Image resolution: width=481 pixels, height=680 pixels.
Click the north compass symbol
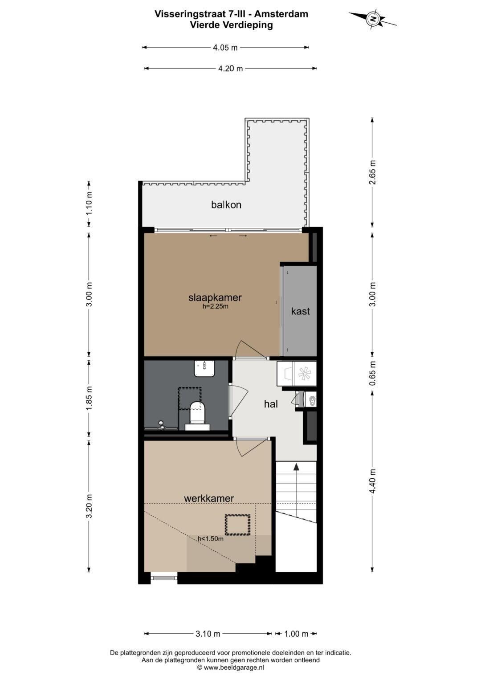373,19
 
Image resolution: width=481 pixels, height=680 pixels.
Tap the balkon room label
226,205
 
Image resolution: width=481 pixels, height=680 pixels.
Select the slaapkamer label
215,297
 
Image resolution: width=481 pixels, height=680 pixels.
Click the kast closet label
300,311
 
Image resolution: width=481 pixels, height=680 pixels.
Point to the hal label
271,404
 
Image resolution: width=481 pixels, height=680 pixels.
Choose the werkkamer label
209,498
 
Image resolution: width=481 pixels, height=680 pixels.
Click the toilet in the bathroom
197,416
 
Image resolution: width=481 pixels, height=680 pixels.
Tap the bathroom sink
204,368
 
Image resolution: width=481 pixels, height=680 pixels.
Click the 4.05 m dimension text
225,47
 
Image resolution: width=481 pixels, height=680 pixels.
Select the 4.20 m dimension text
231,69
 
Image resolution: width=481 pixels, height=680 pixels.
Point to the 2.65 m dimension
373,172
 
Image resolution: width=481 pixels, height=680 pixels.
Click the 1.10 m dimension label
89,204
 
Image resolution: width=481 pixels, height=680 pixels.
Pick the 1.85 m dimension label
89,398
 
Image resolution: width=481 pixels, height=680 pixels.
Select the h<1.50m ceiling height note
210,539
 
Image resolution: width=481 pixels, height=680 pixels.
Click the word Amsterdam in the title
281,14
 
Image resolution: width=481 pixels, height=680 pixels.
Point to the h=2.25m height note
215,306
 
